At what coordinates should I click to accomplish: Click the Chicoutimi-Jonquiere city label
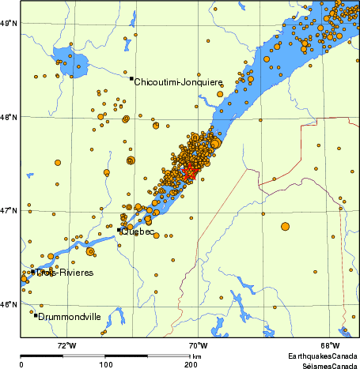pos(179,82)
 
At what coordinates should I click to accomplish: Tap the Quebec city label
pos(138,232)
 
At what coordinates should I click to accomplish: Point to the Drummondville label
pos(70,317)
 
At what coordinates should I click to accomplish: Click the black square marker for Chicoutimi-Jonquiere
pos(131,78)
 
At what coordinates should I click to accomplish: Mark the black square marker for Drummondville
pos(36,315)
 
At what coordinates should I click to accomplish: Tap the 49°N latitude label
pos(8,24)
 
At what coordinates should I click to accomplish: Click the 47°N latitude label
pos(8,211)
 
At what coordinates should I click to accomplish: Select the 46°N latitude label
pos(8,305)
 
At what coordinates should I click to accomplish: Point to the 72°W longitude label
pos(66,345)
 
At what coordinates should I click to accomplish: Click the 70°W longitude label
pos(198,345)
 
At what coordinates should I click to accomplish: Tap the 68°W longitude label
pos(330,345)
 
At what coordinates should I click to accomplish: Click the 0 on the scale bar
pos(21,364)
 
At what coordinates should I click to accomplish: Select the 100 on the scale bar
pos(106,364)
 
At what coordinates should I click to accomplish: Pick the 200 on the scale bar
pos(191,364)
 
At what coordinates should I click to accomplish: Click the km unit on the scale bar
pos(196,357)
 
